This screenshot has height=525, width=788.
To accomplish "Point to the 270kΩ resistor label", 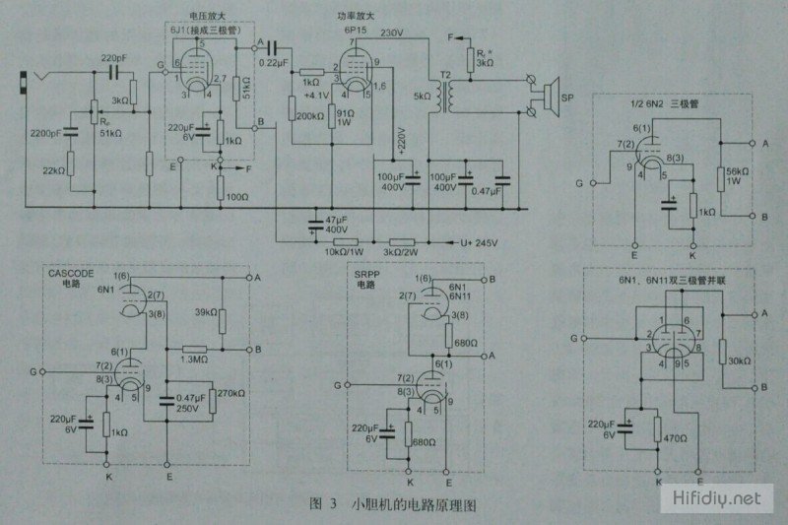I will pos(232,391).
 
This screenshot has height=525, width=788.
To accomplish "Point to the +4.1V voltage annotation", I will pos(319,96).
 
